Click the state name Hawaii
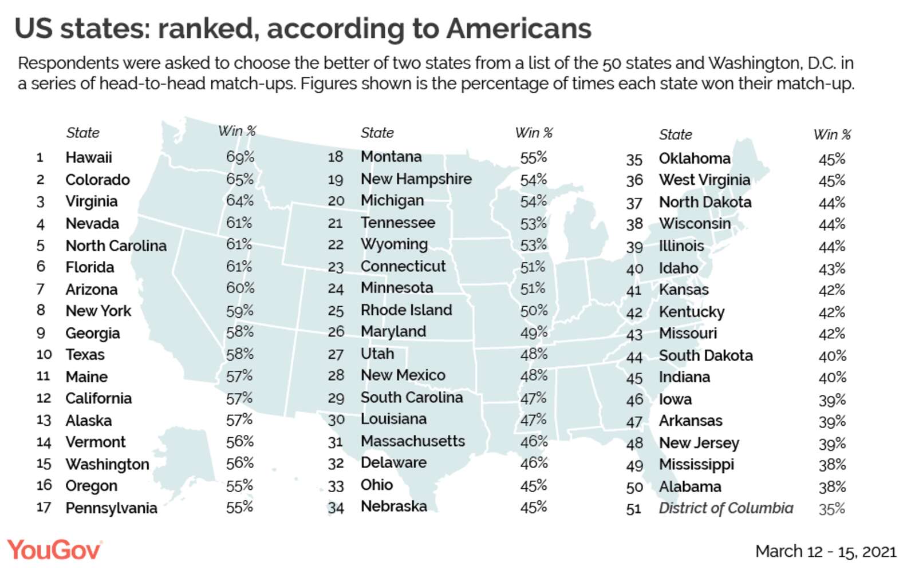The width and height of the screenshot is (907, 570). pyautogui.click(x=89, y=157)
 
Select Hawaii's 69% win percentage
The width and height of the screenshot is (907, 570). pyautogui.click(x=240, y=157)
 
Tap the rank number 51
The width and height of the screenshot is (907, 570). pyautogui.click(x=634, y=509)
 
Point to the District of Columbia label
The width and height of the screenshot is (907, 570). pyautogui.click(x=726, y=508)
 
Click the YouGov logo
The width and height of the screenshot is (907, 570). pyautogui.click(x=54, y=550)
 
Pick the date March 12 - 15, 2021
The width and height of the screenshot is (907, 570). pyautogui.click(x=826, y=551)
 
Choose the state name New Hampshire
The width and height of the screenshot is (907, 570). pyautogui.click(x=416, y=179)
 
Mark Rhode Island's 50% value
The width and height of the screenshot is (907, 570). pyautogui.click(x=534, y=310)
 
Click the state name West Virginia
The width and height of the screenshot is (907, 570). pyautogui.click(x=704, y=180)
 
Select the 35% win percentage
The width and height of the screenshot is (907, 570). pyautogui.click(x=832, y=509)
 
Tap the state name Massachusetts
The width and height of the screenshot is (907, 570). pyautogui.click(x=413, y=441)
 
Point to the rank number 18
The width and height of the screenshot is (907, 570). pyautogui.click(x=336, y=157)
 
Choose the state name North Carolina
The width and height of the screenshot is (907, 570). pyautogui.click(x=116, y=246)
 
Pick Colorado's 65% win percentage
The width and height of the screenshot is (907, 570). pyautogui.click(x=240, y=179)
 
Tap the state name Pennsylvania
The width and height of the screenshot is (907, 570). pyautogui.click(x=111, y=508)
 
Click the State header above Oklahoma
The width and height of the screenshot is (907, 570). pyautogui.click(x=676, y=134)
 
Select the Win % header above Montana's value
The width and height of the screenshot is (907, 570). pyautogui.click(x=534, y=133)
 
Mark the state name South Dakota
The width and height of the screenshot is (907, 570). pyautogui.click(x=705, y=355)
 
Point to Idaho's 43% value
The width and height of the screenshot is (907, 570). pyautogui.click(x=832, y=268)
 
